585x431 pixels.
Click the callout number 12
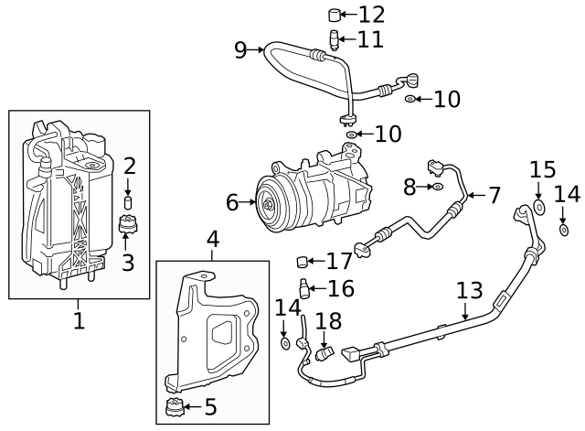tap(371, 15)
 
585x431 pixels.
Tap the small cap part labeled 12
tap(335, 14)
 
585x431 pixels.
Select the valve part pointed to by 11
tap(335, 39)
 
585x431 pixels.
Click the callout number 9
tap(240, 49)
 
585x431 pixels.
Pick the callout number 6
tap(231, 201)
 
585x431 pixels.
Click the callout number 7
tap(494, 195)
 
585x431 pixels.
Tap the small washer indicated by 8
tap(438, 188)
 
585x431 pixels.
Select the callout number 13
tap(469, 291)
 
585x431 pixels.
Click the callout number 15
tap(543, 169)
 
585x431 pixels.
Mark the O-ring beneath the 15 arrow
tap(538, 209)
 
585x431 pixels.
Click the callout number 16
tap(340, 289)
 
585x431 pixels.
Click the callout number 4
tap(213, 240)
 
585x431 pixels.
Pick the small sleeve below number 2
tap(129, 202)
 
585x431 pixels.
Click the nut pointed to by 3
tap(128, 224)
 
